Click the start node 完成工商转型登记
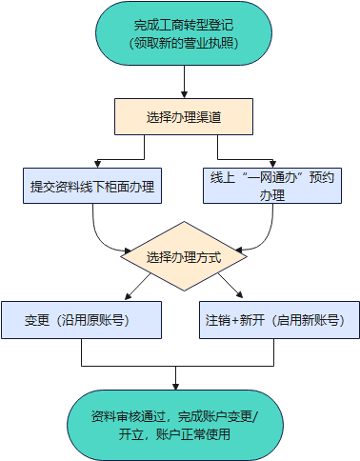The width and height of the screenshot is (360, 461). (x=184, y=33)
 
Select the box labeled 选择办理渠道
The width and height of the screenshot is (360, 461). (x=184, y=117)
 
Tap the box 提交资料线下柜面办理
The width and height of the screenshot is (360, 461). (x=92, y=186)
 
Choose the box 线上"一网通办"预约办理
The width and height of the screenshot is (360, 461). (x=272, y=186)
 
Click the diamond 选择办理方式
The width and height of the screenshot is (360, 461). (x=184, y=256)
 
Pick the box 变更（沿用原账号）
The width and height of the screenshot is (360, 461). (x=82, y=320)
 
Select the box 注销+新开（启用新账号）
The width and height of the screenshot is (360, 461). (x=279, y=320)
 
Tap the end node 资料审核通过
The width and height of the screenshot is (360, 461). (x=175, y=425)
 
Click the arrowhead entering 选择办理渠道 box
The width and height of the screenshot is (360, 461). (x=184, y=94)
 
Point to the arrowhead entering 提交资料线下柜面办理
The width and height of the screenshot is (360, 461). (x=97, y=164)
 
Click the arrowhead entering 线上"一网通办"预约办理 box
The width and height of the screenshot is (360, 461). (x=272, y=164)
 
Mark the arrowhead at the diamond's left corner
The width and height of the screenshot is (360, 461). (x=128, y=251)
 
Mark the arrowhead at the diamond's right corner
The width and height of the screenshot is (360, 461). (x=239, y=251)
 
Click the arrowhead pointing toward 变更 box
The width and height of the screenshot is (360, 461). (x=128, y=296)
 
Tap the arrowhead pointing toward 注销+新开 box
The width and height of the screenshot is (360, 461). (x=240, y=294)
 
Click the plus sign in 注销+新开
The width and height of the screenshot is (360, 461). (x=235, y=321)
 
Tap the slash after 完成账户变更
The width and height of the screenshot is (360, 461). (x=256, y=416)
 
